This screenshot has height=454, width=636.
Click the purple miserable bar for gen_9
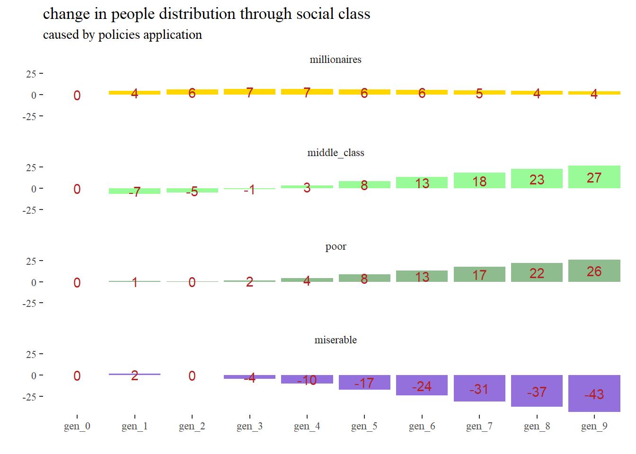(x=594, y=393)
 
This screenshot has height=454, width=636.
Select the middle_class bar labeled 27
(x=594, y=177)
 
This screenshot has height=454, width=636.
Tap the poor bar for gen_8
(x=537, y=272)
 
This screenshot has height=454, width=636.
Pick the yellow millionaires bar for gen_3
(x=249, y=92)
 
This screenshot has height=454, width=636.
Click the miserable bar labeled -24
(x=422, y=385)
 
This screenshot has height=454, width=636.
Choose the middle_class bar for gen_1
(x=134, y=191)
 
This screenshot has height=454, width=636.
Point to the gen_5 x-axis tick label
(x=364, y=426)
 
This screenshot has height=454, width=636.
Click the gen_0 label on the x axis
(x=77, y=426)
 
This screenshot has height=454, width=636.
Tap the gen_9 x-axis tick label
(x=594, y=426)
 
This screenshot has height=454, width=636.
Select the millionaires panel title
(x=336, y=60)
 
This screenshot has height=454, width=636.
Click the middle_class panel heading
(x=336, y=153)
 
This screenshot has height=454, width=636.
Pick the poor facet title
(x=336, y=246)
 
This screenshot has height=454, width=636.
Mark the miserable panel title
(x=336, y=340)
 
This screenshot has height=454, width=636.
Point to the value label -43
(x=594, y=394)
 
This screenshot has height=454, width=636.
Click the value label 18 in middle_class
(x=479, y=182)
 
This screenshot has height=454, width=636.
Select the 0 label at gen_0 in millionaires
(x=77, y=96)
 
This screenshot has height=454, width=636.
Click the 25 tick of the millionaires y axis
(x=31, y=74)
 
